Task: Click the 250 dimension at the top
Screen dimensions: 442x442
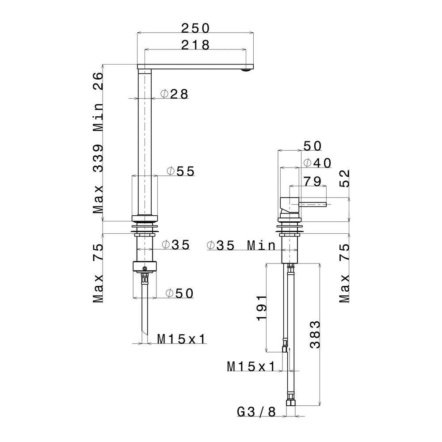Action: tap(195, 28)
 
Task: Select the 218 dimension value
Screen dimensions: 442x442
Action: tap(195, 45)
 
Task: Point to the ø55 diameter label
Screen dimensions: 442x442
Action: tap(180, 171)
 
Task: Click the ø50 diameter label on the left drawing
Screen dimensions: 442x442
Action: tap(179, 293)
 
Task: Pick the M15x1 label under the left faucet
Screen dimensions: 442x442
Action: tap(182, 339)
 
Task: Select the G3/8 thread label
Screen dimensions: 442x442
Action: tap(256, 412)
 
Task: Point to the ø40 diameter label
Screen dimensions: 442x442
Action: tap(317, 163)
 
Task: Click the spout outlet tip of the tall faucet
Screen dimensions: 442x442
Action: tap(249, 69)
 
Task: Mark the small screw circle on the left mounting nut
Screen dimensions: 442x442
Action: tap(145, 268)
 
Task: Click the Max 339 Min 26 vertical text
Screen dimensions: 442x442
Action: tap(98, 144)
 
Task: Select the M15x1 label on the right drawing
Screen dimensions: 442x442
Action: tap(251, 366)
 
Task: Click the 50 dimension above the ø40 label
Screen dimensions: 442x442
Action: tap(312, 146)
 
